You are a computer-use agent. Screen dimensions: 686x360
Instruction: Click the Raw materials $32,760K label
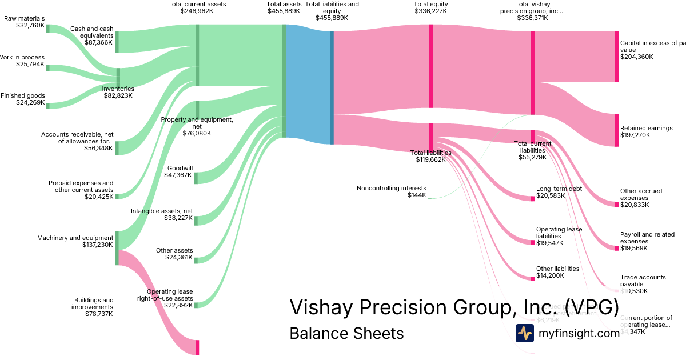(24, 22)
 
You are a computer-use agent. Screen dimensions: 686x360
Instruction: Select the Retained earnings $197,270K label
(646, 131)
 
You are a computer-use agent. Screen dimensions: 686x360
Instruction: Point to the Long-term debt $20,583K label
(559, 192)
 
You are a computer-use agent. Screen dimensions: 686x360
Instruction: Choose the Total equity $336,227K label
(430, 7)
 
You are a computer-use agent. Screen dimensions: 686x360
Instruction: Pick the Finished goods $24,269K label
(23, 99)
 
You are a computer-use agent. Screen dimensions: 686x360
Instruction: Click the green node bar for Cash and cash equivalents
(117, 42)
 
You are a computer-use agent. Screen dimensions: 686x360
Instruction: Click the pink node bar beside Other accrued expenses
(616, 203)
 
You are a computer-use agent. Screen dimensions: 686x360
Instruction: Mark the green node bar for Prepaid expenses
(117, 196)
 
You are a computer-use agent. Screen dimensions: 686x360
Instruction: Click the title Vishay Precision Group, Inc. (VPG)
(454, 307)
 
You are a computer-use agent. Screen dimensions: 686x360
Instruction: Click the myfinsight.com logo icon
(524, 333)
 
